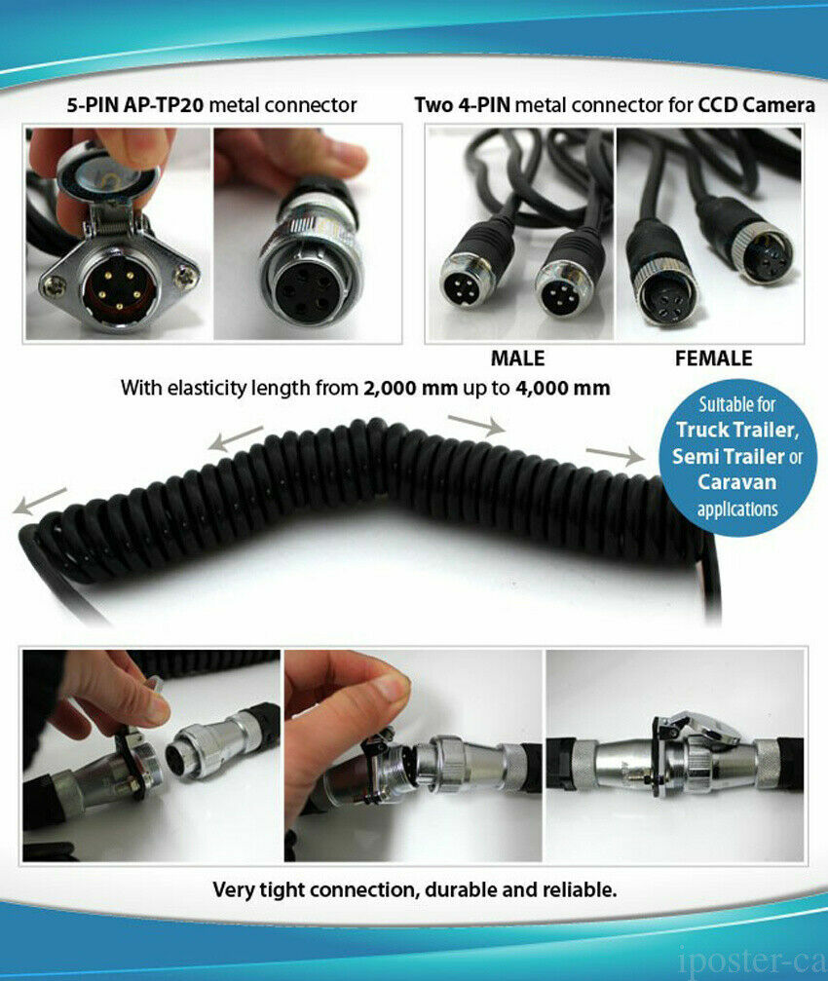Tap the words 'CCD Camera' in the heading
757,104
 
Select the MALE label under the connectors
517,358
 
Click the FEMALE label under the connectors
713,358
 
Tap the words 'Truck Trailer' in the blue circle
736,430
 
